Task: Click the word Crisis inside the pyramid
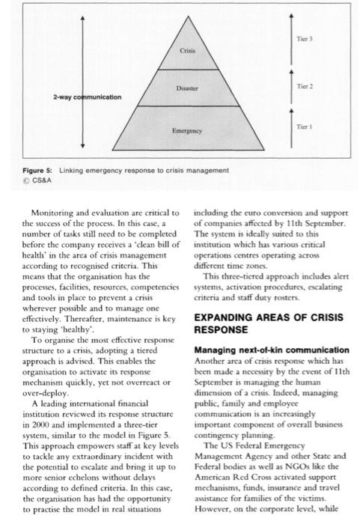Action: (188, 49)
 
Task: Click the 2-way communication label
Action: (87, 97)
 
